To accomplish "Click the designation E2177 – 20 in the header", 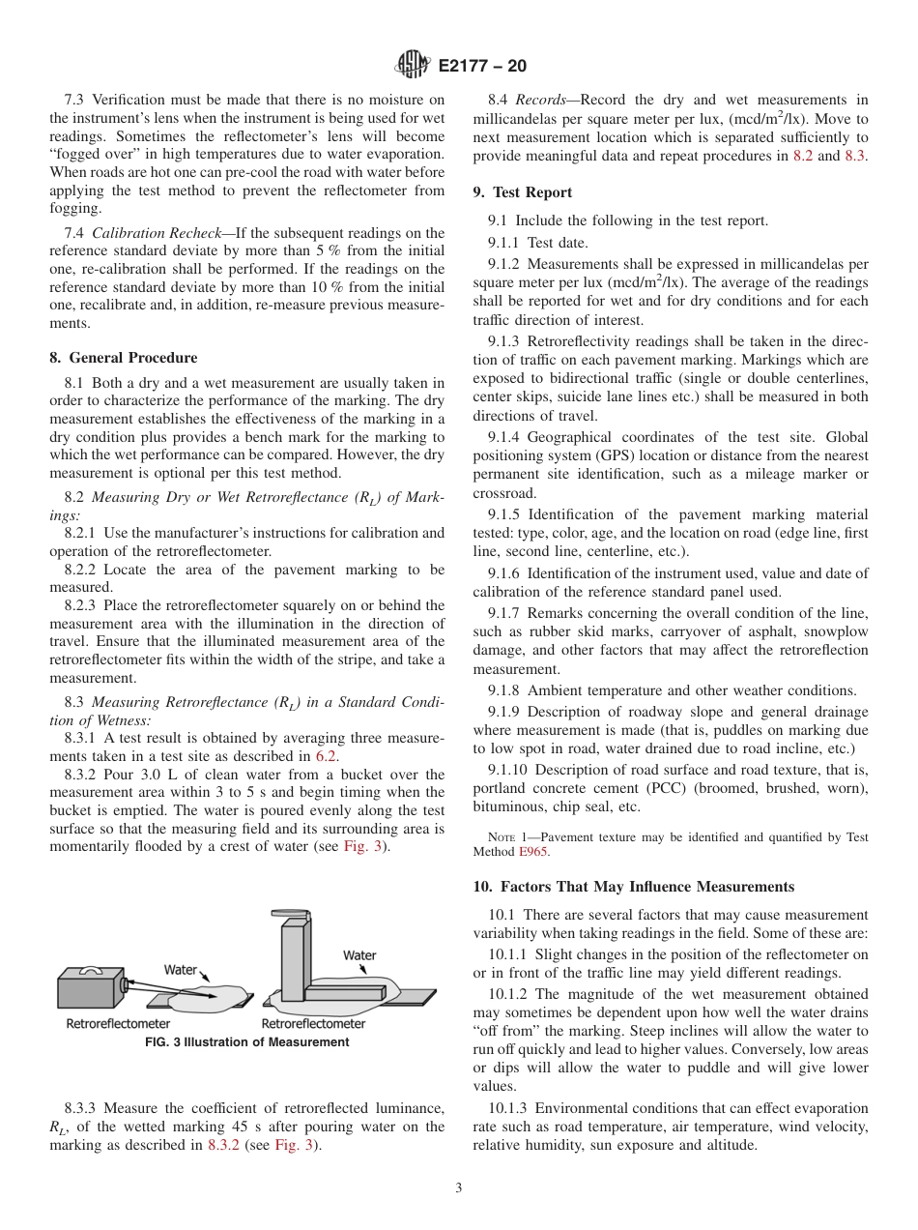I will click(482, 66).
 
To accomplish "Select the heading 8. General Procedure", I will click(123, 357).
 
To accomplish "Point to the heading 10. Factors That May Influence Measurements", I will click(633, 886).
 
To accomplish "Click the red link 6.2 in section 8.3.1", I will click(330, 756).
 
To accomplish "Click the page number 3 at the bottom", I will click(458, 1187).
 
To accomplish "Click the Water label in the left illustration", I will click(180, 969).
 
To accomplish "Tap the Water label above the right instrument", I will click(359, 954).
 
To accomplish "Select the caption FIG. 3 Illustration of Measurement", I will click(246, 1041).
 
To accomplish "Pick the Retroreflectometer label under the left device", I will click(118, 1023).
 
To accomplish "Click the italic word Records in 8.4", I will click(540, 100).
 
